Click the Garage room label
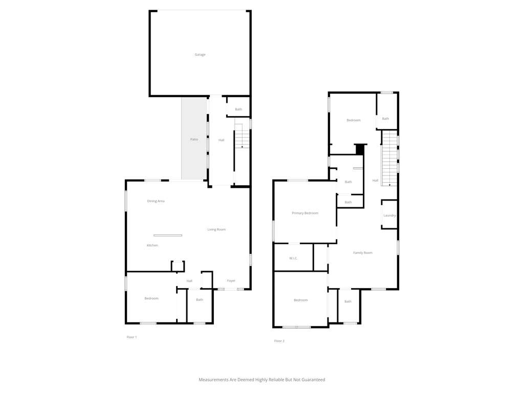[200, 54]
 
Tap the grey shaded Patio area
[194, 138]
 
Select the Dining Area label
[156, 201]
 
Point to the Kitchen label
[152, 245]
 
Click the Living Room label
[216, 230]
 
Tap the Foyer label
[231, 281]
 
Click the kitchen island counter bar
[168, 235]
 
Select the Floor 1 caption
[132, 337]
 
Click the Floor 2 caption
[279, 341]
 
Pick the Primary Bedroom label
[305, 213]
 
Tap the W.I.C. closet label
[293, 258]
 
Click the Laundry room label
[389, 215]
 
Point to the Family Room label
[363, 253]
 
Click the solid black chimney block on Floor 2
[360, 149]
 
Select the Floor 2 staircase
[389, 158]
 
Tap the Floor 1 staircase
[242, 136]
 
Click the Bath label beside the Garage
[238, 110]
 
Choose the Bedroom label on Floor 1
[151, 298]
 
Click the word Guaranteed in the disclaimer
[313, 380]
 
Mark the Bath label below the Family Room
[348, 301]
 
